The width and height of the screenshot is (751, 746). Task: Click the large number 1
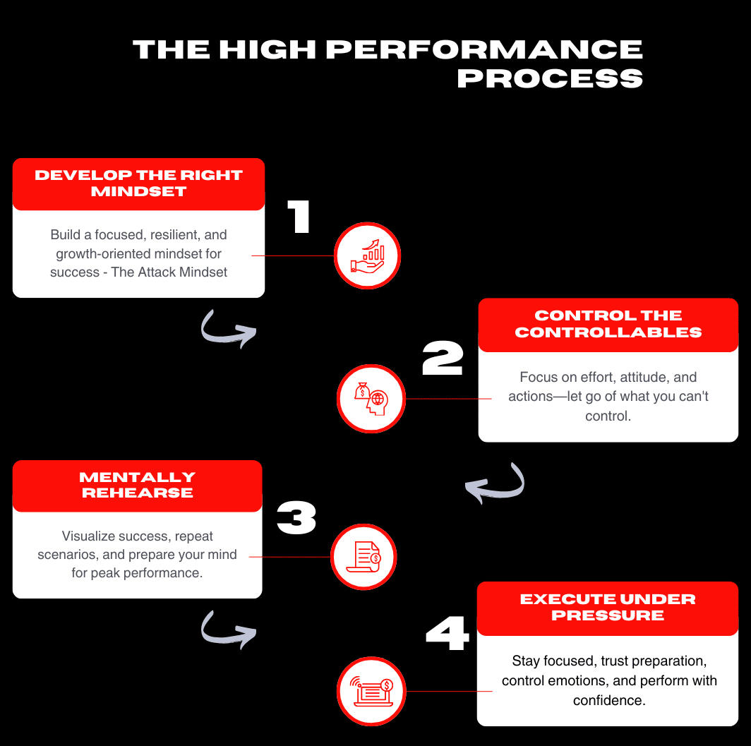299,217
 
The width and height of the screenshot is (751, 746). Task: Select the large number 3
296,518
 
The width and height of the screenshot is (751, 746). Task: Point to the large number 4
447,634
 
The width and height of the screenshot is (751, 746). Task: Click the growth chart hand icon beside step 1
367,255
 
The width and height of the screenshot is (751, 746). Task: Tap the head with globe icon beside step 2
371,399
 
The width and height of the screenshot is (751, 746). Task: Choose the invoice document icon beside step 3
364,557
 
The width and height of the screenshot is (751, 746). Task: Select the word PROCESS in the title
550,78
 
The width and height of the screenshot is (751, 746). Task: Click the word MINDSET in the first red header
138,191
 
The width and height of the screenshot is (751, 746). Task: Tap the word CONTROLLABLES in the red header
608,332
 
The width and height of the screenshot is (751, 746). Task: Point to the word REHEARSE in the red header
138,493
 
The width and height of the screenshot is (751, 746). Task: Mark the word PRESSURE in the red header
608,615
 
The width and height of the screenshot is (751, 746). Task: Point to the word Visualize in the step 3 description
88,536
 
